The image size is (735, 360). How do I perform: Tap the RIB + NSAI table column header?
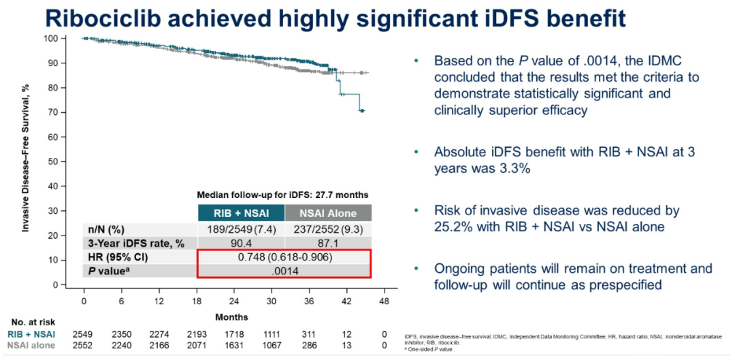(x=241, y=212)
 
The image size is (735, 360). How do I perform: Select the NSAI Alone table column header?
(x=329, y=212)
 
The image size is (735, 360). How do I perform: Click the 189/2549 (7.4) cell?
(x=241, y=229)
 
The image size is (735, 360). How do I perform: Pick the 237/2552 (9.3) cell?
(x=329, y=229)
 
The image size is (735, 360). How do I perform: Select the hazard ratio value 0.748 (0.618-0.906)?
(x=284, y=258)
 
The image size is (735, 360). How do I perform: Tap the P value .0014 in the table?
(x=284, y=271)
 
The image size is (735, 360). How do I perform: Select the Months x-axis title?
(x=232, y=316)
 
